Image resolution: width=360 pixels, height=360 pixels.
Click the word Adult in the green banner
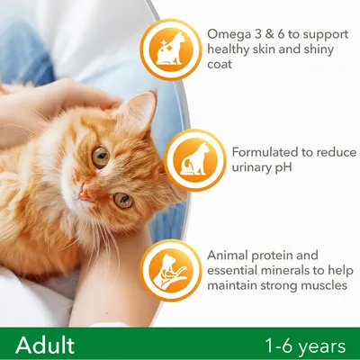click(44, 345)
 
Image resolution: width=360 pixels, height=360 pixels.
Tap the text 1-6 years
click(304, 346)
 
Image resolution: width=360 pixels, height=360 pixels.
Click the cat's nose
click(84, 193)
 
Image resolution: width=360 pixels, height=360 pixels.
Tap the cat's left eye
click(122, 200)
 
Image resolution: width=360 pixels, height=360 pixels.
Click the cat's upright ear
click(140, 110)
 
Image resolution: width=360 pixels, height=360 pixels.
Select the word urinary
click(251, 167)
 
